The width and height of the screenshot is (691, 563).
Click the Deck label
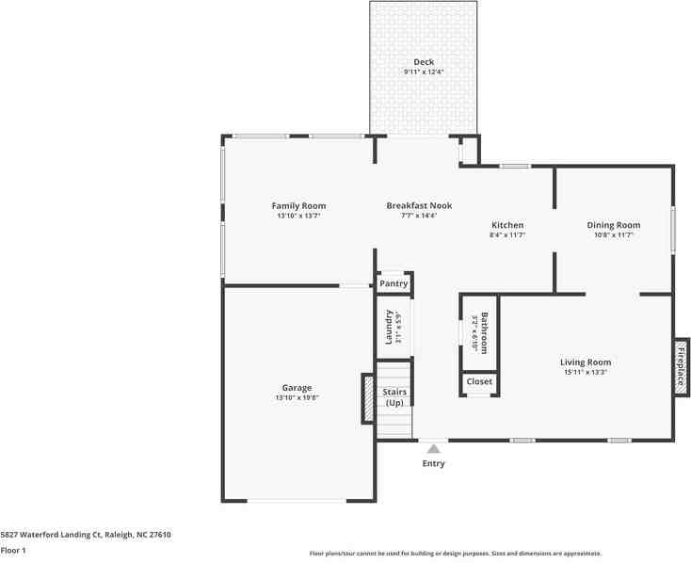pyautogui.click(x=424, y=62)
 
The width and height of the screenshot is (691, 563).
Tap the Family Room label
pyautogui.click(x=298, y=205)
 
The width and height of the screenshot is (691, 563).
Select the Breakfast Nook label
pyautogui.click(x=419, y=205)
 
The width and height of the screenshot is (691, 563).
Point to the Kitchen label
pyautogui.click(x=507, y=225)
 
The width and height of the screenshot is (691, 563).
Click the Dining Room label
pyautogui.click(x=614, y=225)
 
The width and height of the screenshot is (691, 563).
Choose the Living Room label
pyautogui.click(x=586, y=362)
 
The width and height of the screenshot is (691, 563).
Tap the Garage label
pyautogui.click(x=297, y=387)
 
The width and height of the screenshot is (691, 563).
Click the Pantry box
pyautogui.click(x=394, y=283)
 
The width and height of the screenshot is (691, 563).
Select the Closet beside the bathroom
pyautogui.click(x=479, y=382)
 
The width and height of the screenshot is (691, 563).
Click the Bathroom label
pyautogui.click(x=485, y=332)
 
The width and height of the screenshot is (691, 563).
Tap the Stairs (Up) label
pyautogui.click(x=394, y=396)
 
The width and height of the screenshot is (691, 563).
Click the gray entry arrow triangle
pyautogui.click(x=433, y=448)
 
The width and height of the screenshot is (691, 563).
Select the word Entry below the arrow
pyautogui.click(x=433, y=463)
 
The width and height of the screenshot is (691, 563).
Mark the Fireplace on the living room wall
pyautogui.click(x=681, y=366)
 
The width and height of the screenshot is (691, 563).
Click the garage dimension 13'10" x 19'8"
pyautogui.click(x=297, y=397)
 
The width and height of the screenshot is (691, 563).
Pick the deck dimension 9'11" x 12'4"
pyautogui.click(x=424, y=72)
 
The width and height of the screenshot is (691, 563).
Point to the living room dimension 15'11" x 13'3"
pyautogui.click(x=586, y=372)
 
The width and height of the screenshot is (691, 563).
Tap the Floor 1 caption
pyautogui.click(x=13, y=550)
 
